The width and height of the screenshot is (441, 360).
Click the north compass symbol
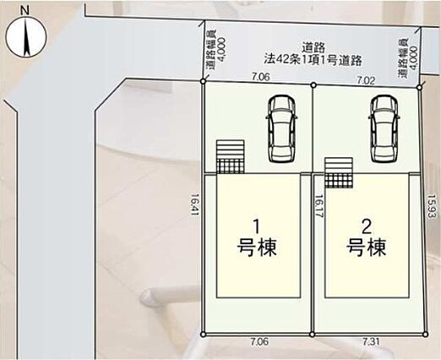[x=25, y=37]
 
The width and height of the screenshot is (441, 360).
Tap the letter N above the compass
[x=25, y=10]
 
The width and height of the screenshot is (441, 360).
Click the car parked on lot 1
[x=281, y=129]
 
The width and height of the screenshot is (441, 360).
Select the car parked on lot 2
[x=384, y=129]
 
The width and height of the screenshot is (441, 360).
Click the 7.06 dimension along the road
[x=261, y=76]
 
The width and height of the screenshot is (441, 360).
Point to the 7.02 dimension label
[x=366, y=81]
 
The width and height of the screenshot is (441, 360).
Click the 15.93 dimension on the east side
[x=431, y=206]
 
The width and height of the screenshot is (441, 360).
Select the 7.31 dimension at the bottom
[x=371, y=342]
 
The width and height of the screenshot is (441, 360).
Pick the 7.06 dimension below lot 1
[x=259, y=341]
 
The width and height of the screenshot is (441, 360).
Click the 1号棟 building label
[x=257, y=238]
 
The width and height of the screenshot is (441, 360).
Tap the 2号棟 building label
[x=366, y=238]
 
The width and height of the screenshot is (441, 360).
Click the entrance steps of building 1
[x=230, y=156]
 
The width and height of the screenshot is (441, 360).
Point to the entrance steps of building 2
[x=339, y=172]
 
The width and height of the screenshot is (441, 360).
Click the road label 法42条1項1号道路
[x=313, y=60]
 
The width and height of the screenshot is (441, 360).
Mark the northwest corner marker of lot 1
[x=203, y=81]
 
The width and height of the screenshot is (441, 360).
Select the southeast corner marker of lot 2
[x=426, y=335]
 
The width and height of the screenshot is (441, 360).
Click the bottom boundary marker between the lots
[x=312, y=335]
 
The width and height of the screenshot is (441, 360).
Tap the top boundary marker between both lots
[x=313, y=85]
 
